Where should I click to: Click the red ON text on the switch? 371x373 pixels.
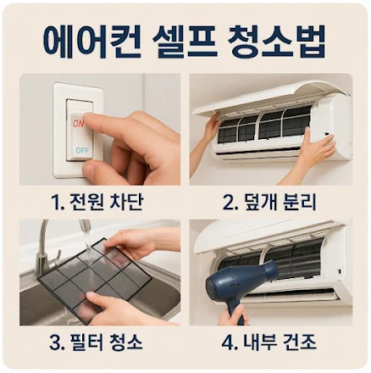78,124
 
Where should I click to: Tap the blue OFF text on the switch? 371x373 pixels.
82,150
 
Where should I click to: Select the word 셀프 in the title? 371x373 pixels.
185,41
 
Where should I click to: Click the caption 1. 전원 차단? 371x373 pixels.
97,202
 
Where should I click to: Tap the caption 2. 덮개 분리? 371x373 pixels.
270,202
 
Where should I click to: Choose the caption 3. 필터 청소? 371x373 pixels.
96,342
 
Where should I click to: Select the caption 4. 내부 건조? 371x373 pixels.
269,342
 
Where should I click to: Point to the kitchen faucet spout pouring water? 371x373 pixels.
85,226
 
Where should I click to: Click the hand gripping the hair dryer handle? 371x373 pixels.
233,315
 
